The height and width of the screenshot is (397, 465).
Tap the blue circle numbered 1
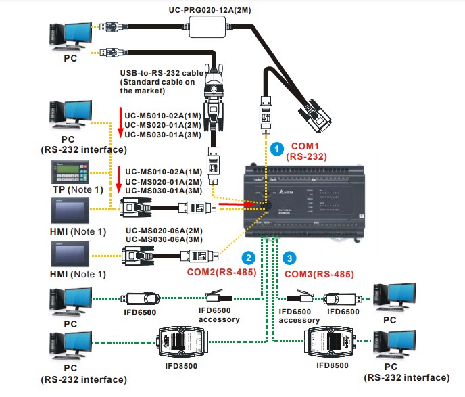tap(276, 147)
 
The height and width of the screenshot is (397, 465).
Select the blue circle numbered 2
tap(249, 258)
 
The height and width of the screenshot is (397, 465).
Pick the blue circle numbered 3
tap(289, 258)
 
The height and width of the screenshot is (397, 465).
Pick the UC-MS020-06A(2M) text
tap(162, 231)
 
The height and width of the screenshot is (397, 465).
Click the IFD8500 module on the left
tap(178, 342)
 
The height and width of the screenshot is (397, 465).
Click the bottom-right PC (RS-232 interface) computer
tap(397, 348)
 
